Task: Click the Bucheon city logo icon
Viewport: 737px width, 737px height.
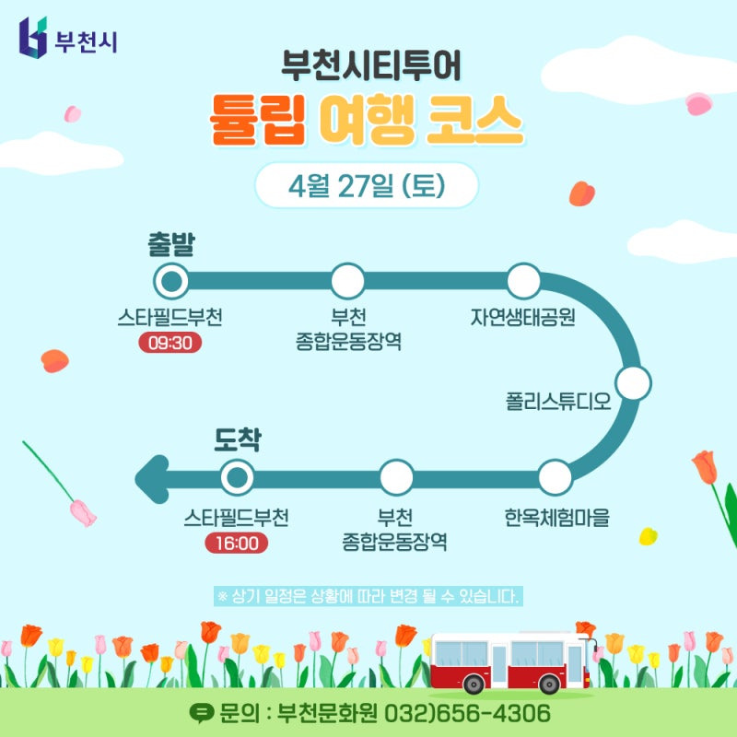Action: tap(31, 36)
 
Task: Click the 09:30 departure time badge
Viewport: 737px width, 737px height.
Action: tap(170, 343)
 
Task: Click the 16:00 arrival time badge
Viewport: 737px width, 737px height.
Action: tap(237, 543)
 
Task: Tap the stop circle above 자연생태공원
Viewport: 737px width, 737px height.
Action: tap(523, 281)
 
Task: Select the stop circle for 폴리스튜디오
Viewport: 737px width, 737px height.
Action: tap(633, 382)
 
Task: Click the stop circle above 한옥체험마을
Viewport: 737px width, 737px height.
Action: tap(555, 477)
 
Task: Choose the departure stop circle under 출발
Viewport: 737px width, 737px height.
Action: tap(170, 281)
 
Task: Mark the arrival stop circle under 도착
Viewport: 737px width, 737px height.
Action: tap(237, 477)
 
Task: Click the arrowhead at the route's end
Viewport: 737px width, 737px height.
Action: tap(151, 478)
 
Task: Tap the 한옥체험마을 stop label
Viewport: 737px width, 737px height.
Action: tap(556, 517)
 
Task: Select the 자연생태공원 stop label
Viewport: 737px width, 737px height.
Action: tap(522, 318)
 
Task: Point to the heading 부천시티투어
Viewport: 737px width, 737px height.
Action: tap(366, 67)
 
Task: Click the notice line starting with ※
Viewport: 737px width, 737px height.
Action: tap(368, 595)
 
